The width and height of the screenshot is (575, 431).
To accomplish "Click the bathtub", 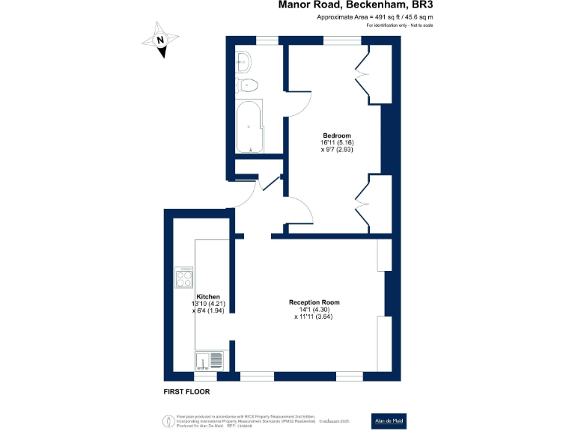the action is click(248, 127).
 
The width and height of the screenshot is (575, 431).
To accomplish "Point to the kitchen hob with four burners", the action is click(184, 278).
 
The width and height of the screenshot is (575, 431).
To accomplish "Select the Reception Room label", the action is click(314, 302).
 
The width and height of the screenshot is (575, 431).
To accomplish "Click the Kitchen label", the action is click(208, 297).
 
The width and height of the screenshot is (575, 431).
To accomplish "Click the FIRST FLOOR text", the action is click(186, 391).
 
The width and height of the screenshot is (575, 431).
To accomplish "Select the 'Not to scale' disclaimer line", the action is click(400, 25).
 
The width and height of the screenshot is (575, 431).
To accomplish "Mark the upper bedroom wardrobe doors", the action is click(364, 76).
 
